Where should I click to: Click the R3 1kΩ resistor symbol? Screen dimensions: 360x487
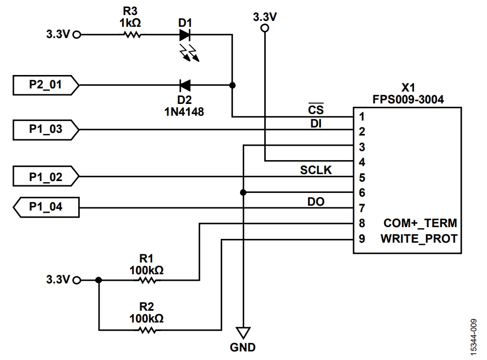(x=132, y=35)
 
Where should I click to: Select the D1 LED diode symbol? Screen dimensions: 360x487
(x=185, y=35)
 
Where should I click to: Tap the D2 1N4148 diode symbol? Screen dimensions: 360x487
(x=185, y=85)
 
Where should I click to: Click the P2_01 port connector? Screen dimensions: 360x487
(x=46, y=85)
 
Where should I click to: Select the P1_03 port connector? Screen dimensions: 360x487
(x=46, y=129)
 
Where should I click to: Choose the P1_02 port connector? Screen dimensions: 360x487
(x=46, y=176)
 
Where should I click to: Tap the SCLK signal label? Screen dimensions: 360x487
(x=316, y=170)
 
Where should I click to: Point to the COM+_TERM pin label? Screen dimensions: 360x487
(x=420, y=223)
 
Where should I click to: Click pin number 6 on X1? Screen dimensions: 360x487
(x=362, y=192)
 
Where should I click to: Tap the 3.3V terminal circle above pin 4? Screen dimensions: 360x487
(x=265, y=29)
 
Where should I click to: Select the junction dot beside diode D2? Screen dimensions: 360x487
(x=232, y=85)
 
